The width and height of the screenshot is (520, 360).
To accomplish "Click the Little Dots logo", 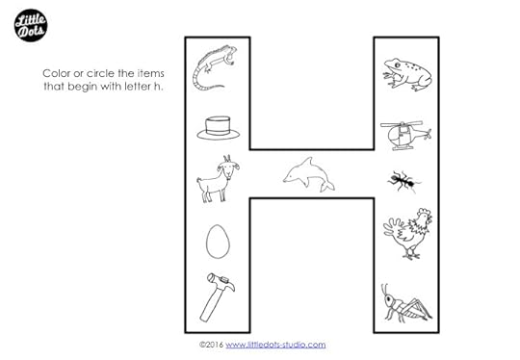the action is click(31, 26).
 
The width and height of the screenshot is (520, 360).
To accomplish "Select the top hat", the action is click(218, 128).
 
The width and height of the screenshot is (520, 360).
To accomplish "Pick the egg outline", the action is click(218, 242).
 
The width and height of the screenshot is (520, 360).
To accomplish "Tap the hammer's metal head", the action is click(221, 281).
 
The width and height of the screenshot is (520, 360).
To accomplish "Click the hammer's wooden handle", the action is click(211, 303).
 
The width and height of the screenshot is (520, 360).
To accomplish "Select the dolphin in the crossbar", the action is click(309, 174).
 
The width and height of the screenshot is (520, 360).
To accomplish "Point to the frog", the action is click(407, 74).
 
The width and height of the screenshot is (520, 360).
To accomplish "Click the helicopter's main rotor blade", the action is click(402, 124).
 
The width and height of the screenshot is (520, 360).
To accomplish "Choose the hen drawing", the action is click(408, 233).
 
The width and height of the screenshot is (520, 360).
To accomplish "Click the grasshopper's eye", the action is click(388, 301).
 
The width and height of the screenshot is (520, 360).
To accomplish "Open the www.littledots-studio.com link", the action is click(275, 345).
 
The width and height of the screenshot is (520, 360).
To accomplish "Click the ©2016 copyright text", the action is click(211, 345).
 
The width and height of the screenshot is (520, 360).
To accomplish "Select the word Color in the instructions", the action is click(57, 73).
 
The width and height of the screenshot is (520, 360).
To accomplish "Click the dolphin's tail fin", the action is click(327, 187).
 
